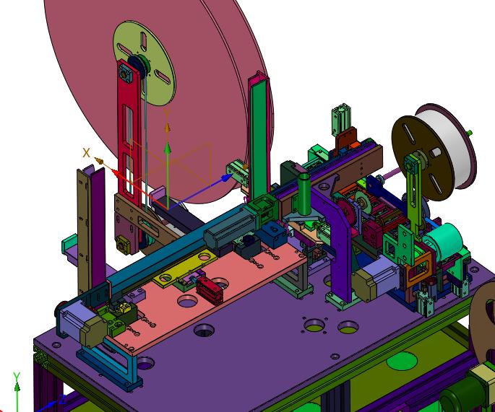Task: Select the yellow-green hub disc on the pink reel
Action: click(145, 63)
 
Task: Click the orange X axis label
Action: click(86, 153)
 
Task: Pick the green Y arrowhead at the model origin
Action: click(168, 148)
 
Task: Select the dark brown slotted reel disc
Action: click(423, 157)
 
